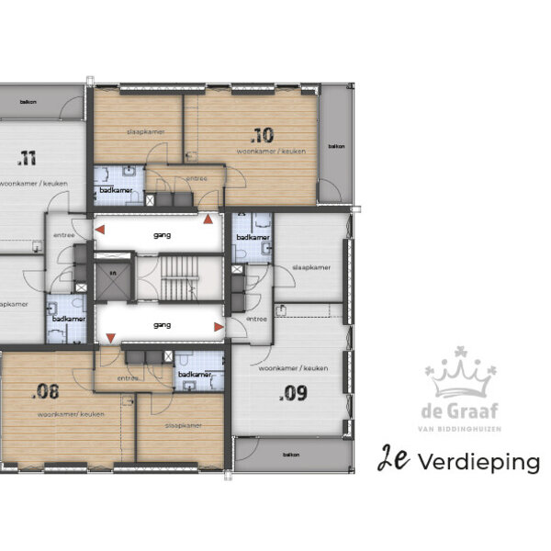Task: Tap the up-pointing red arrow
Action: (208, 219)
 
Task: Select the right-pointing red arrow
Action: (219, 326)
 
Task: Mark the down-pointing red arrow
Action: (110, 339)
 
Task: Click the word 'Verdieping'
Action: (478, 462)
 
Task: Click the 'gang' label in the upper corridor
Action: (162, 234)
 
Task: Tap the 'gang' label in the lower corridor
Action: (163, 324)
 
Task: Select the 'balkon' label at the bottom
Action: (291, 455)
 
